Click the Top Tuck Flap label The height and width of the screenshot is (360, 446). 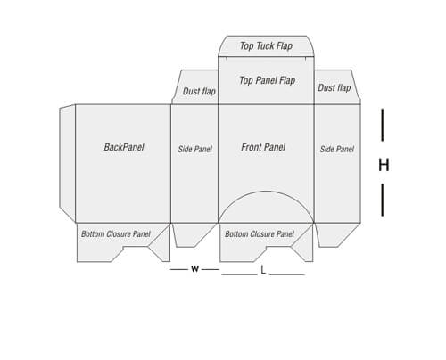coord(266,46)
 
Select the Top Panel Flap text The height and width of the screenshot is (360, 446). coord(267,80)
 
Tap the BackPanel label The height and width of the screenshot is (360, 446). coord(124,147)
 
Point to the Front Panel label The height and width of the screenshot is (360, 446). coord(263,147)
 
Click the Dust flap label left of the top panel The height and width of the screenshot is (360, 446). coord(199,91)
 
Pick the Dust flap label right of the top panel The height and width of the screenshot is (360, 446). coord(334,87)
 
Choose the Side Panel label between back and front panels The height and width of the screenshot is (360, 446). coord(195,149)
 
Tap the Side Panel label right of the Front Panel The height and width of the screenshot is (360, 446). coord(337,149)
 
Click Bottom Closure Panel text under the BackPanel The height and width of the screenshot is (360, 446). coord(116,234)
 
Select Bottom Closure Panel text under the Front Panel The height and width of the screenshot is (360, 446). coord(260,234)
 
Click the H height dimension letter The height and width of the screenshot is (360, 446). coord(384,165)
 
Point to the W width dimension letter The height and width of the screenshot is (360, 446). coord(194,269)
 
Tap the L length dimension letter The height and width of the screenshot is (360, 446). coord(263,270)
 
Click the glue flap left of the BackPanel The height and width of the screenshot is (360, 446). coord(68,163)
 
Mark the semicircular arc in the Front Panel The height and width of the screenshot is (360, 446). coord(266,192)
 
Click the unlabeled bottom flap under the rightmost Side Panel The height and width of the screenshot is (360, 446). coord(337,234)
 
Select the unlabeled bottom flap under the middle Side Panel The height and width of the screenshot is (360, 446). coord(194,234)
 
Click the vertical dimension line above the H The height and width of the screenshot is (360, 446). coord(383,125)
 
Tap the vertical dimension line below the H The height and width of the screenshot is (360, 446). coord(383,200)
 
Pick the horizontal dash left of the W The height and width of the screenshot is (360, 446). coord(178,269)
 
